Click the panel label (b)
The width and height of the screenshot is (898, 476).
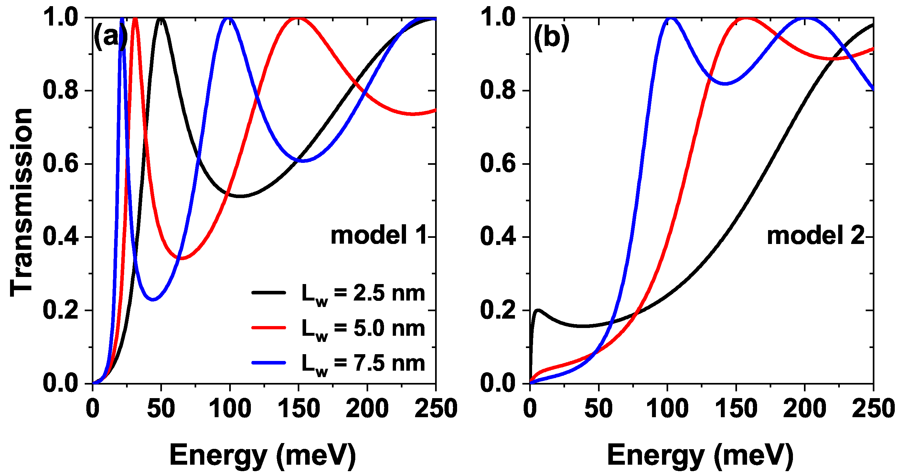click(551, 37)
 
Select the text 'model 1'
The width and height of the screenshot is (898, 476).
click(379, 235)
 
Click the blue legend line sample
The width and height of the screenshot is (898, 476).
click(268, 363)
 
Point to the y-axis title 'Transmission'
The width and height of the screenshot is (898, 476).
click(21, 202)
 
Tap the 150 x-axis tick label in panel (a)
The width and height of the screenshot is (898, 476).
click(299, 409)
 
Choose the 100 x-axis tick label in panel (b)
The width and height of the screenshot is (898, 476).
click(667, 409)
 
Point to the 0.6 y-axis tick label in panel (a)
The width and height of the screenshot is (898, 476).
click(60, 164)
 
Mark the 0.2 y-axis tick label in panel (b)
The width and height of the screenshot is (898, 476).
click(497, 311)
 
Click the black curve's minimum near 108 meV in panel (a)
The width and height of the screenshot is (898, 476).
click(241, 196)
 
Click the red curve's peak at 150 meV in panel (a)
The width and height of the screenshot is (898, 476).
click(298, 18)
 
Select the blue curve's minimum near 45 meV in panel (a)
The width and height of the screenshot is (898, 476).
click(154, 299)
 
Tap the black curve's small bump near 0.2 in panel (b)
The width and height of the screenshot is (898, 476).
click(539, 310)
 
